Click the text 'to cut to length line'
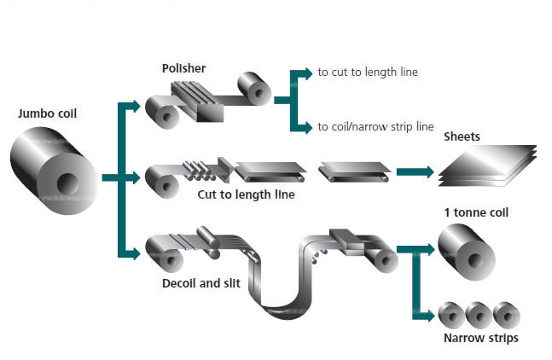(368, 73)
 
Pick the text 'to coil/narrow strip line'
(376, 127)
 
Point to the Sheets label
(462, 136)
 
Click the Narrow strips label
(480, 339)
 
